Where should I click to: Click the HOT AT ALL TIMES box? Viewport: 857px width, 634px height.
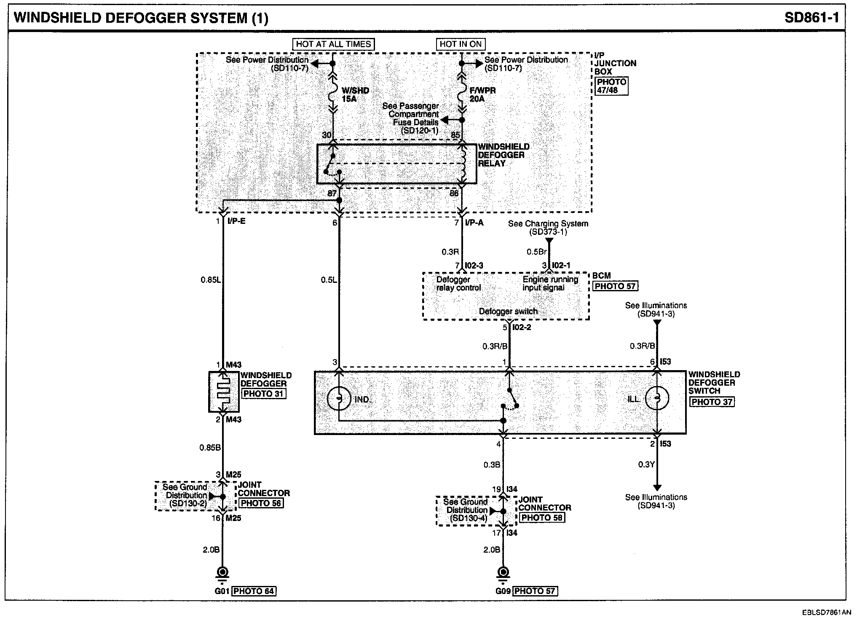tap(333, 44)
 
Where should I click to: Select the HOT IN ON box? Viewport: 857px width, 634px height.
tap(461, 44)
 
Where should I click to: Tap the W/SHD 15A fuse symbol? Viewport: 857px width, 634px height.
tap(333, 93)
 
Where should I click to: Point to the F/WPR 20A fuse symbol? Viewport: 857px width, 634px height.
tap(462, 93)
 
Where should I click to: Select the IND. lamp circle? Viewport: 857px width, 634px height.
tap(339, 398)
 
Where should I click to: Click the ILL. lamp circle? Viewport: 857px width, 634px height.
tap(657, 398)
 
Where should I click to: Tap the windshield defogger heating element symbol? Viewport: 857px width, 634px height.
tap(223, 392)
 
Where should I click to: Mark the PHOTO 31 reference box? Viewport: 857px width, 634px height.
tap(263, 394)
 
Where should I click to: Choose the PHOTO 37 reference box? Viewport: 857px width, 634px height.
tap(712, 402)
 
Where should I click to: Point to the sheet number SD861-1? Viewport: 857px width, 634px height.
tap(812, 18)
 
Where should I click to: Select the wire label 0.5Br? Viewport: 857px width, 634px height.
tap(536, 252)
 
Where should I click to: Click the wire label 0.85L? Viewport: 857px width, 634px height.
tap(210, 279)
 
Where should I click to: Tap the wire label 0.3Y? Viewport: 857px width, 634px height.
tap(646, 465)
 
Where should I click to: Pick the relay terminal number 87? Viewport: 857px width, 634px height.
tap(332, 193)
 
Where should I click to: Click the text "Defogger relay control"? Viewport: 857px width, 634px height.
tap(458, 284)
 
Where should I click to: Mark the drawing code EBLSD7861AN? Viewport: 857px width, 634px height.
tap(826, 612)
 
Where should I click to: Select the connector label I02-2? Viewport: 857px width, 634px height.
tap(522, 327)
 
